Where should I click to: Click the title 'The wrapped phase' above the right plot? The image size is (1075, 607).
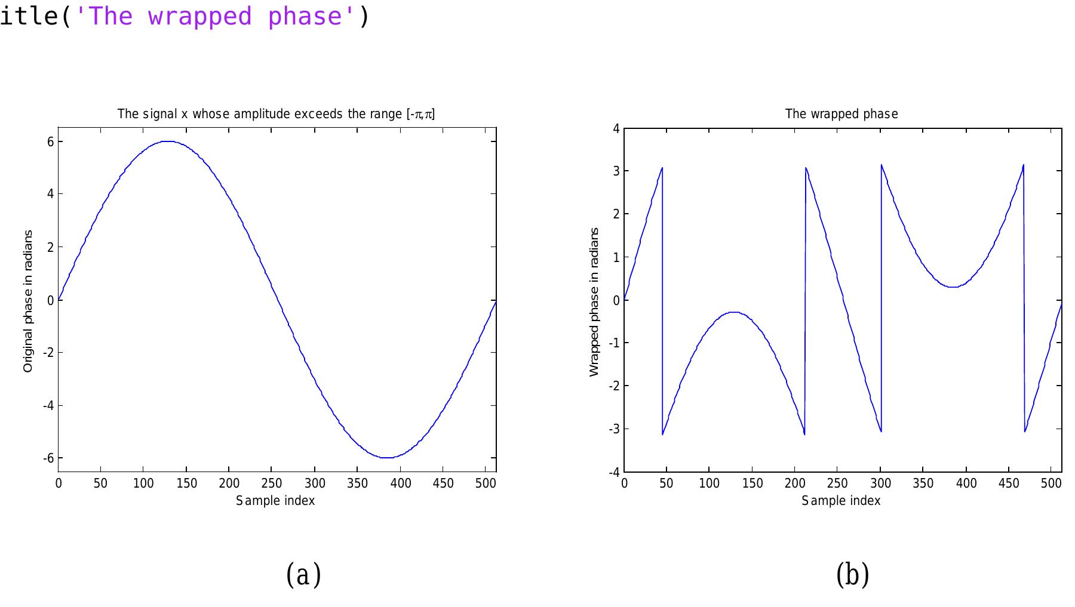[x=841, y=114]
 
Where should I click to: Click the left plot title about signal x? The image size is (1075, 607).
[x=276, y=114]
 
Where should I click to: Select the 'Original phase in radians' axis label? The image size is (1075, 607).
[x=28, y=301]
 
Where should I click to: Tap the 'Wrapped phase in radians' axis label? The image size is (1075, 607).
[x=594, y=301]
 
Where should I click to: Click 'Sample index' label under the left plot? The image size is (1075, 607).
[x=275, y=501]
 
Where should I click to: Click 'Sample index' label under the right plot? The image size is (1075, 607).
[x=841, y=501]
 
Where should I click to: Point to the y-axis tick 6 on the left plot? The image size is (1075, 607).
[x=51, y=141]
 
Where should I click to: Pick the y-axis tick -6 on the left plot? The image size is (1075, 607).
[x=48, y=458]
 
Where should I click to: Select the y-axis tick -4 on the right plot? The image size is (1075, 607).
[x=615, y=472]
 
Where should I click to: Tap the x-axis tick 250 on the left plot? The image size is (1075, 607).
[x=272, y=483]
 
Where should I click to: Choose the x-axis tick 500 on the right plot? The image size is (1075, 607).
[x=1051, y=483]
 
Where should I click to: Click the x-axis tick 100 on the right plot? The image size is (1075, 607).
[x=709, y=483]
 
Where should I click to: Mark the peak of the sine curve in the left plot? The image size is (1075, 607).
[x=167, y=141]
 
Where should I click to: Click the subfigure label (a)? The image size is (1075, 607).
[x=304, y=575]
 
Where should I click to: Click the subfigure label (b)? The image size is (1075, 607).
[x=852, y=575]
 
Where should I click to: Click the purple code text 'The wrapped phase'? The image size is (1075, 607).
[x=216, y=16]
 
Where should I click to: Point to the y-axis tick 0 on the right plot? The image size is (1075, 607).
[x=617, y=300]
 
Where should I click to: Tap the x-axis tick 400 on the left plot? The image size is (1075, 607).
[x=400, y=483]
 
